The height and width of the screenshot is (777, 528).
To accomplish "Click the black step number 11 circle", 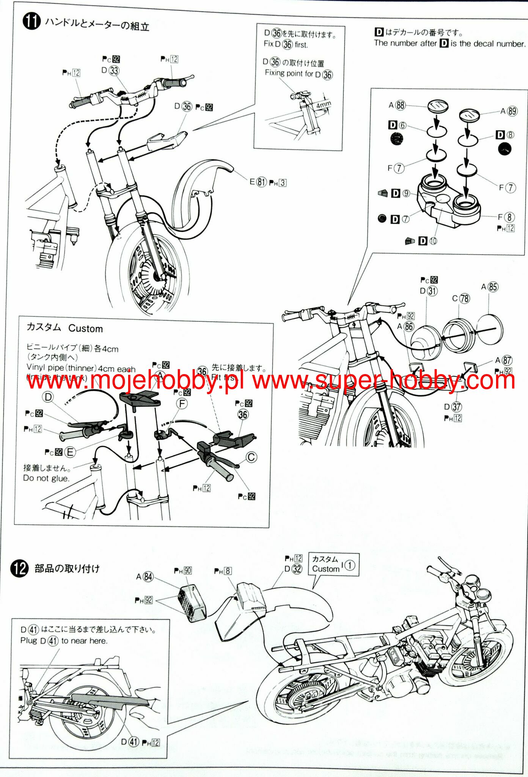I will [31, 21].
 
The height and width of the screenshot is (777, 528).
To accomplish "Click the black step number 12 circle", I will [19, 568].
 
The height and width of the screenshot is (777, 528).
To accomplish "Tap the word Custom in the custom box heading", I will [85, 329].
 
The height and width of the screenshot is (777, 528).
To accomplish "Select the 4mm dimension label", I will [324, 104].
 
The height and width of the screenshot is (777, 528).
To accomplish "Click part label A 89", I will [508, 111].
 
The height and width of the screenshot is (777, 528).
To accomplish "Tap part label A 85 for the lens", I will [489, 287].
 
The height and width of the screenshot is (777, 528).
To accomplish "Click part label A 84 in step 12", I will [145, 577].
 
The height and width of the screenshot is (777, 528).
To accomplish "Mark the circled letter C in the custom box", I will [251, 457].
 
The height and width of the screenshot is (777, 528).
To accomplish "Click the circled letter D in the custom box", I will [48, 397].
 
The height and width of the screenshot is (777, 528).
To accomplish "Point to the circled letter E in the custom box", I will [70, 452].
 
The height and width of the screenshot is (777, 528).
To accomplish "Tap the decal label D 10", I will [428, 241].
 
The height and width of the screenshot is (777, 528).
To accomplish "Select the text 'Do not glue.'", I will [46, 478].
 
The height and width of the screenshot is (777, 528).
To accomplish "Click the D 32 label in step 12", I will [293, 569].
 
